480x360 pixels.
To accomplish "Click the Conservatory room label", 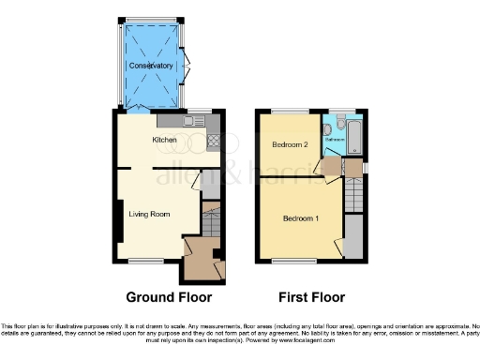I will (x=151, y=67).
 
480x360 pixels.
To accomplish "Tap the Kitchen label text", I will (x=165, y=140).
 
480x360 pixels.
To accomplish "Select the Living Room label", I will (x=148, y=214).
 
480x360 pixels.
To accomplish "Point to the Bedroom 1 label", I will (x=301, y=218).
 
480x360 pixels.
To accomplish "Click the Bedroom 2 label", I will (x=291, y=145).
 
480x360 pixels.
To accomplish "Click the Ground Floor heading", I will (x=169, y=297).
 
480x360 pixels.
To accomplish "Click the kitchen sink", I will (x=197, y=121).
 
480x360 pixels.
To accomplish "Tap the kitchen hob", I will (x=212, y=141).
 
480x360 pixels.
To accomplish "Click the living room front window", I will (x=144, y=260).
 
